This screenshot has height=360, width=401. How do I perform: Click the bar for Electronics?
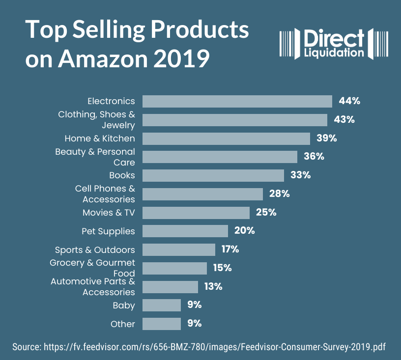point(237,101)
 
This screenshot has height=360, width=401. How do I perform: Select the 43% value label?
point(344,120)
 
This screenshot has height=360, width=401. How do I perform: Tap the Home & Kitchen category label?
point(100,138)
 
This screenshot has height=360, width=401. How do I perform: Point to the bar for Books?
point(213,175)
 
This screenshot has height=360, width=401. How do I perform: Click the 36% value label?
point(314,157)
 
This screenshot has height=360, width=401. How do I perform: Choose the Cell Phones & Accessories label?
point(105,194)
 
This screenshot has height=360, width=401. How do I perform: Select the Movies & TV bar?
point(196,213)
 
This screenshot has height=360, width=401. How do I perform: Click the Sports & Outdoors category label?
point(95,249)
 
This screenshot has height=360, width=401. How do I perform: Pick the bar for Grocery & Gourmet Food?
point(174,268)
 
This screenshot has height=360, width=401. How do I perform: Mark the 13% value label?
point(213,286)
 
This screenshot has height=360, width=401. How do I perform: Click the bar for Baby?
point(162,305)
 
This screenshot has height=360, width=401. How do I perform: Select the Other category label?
point(123,324)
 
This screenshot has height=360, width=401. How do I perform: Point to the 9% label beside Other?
point(194,324)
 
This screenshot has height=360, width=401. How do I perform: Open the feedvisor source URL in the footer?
point(215,347)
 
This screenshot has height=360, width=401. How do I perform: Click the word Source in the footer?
point(26,347)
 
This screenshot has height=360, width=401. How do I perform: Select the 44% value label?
point(349,101)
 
